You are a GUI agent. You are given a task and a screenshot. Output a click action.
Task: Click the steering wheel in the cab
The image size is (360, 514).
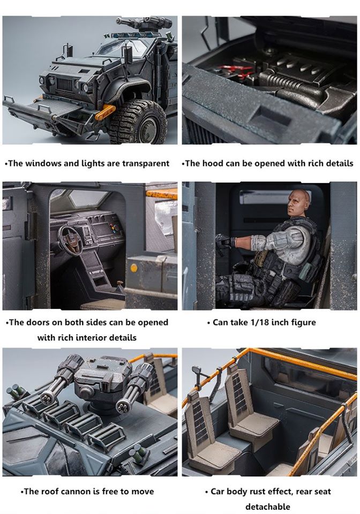tap(70, 240)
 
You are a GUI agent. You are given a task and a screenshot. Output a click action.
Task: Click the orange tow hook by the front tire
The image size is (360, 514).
tap(105, 112)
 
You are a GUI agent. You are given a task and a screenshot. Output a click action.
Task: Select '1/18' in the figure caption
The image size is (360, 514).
tap(260, 322)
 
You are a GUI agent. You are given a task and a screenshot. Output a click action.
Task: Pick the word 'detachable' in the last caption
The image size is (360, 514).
tap(267, 507)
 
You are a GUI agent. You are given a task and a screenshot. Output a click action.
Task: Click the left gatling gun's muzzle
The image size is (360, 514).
tap(47, 399)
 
